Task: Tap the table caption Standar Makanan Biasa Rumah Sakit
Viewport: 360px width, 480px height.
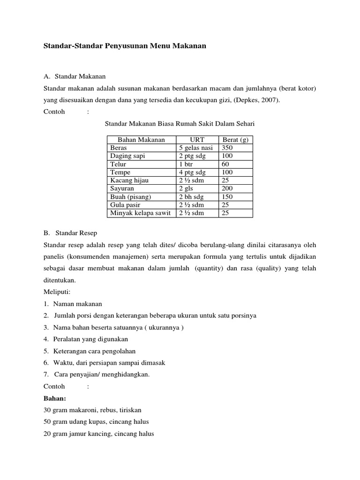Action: (179, 124)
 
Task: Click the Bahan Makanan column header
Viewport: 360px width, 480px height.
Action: (141, 140)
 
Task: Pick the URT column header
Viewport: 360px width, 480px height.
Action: (197, 140)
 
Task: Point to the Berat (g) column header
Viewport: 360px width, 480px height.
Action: (235, 140)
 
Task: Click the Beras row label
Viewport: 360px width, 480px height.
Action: (119, 148)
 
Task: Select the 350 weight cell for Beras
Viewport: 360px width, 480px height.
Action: (228, 148)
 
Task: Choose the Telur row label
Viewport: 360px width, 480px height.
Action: (119, 164)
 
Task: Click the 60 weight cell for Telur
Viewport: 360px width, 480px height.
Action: (226, 164)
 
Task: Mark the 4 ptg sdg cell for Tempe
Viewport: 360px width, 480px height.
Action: (192, 172)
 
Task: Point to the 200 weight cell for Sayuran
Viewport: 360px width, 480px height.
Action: (228, 188)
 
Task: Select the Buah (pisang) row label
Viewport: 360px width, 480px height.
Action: (131, 197)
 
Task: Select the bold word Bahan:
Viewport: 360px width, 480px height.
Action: (55, 397)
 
